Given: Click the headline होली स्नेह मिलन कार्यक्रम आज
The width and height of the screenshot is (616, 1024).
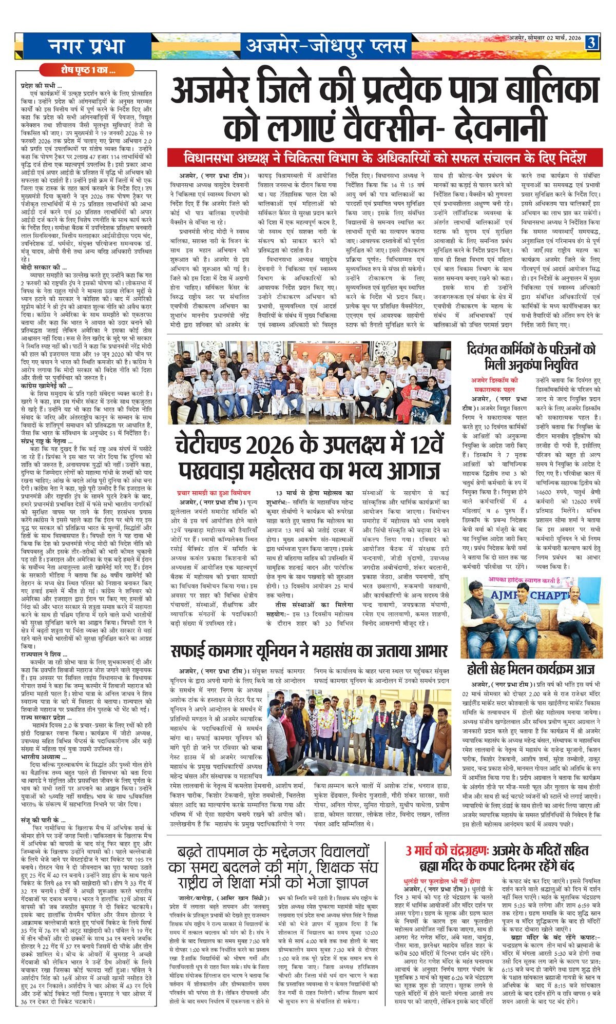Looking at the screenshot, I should pyautogui.click(x=531, y=669).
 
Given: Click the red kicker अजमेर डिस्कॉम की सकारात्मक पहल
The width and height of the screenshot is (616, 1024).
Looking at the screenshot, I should pyautogui.click(x=495, y=384).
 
